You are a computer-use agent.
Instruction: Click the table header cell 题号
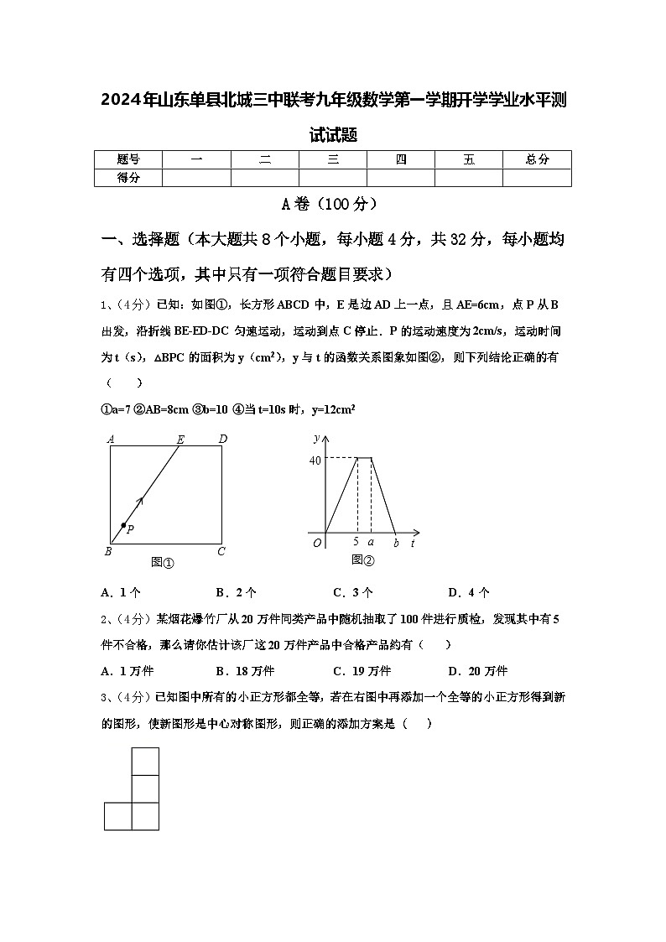tap(127, 159)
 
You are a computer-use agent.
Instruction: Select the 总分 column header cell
tap(537, 159)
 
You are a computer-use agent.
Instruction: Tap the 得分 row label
tap(127, 177)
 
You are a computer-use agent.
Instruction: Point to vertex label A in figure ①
tap(110, 439)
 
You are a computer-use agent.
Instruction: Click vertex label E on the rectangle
tap(180, 439)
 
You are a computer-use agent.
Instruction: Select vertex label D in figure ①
tap(222, 439)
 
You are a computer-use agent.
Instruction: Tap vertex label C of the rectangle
tap(221, 551)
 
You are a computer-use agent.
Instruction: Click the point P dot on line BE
tap(123, 525)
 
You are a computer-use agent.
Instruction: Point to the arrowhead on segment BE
tap(139, 502)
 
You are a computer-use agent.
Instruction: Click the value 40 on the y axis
tap(315, 460)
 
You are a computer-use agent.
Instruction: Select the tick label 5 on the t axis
tap(356, 542)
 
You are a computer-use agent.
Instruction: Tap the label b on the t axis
tap(396, 543)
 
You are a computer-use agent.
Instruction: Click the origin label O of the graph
tap(317, 543)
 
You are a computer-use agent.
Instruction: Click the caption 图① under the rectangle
tap(162, 562)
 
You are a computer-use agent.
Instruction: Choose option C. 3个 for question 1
tap(352, 592)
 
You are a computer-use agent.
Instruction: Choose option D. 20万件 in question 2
tap(477, 670)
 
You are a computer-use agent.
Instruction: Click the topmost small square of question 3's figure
tap(145, 761)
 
